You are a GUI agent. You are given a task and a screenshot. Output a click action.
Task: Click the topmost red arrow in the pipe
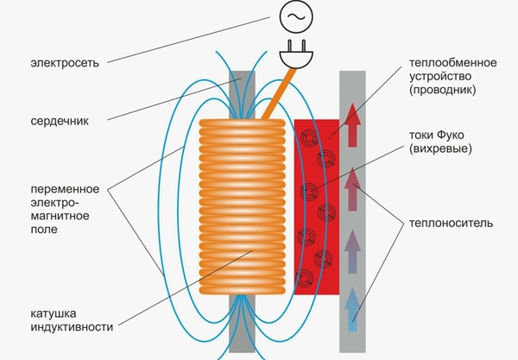pyautogui.click(x=352, y=123)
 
